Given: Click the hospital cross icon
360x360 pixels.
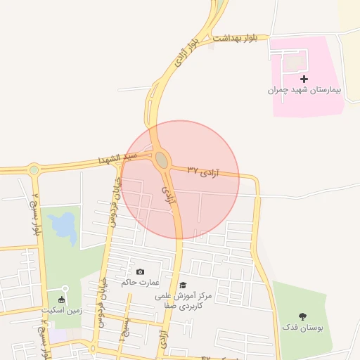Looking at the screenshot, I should click(x=304, y=79).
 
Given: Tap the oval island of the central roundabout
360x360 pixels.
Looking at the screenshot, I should click(x=162, y=160).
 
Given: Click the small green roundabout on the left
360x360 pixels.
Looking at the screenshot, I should click(x=34, y=169).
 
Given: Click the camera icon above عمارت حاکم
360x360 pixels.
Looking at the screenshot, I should click(x=140, y=271).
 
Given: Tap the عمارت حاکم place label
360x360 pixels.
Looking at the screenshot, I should click(x=136, y=282).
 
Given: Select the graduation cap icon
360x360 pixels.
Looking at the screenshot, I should click(x=183, y=285).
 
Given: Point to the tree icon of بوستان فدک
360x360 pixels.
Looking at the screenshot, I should click(x=303, y=316).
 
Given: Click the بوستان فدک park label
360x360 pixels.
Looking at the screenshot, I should click(x=300, y=327).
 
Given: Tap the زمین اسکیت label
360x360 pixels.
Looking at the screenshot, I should click(x=63, y=309).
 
